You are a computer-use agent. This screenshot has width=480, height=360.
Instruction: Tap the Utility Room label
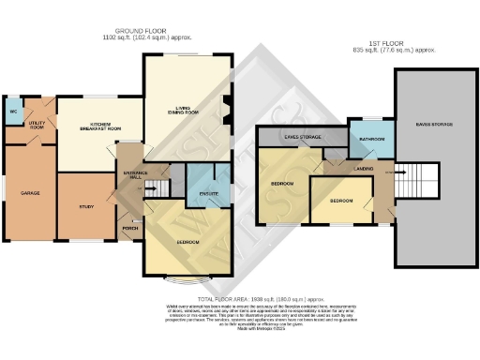coord(37,123)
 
